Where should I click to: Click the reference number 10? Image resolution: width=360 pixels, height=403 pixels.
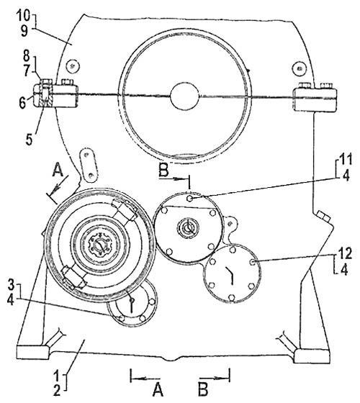click(24, 16)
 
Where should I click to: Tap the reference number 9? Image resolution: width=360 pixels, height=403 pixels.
click(24, 32)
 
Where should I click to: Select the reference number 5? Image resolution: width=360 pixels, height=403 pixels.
click(29, 140)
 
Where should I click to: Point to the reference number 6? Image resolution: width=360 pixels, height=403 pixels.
click(22, 103)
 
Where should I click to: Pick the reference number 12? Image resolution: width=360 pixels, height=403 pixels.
click(345, 254)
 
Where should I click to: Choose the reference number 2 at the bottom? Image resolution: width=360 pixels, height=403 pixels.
click(57, 391)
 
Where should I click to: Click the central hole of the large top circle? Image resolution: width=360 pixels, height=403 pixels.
click(184, 96)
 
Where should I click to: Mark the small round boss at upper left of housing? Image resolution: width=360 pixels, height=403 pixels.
click(73, 65)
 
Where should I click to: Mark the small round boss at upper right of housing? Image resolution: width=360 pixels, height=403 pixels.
click(299, 68)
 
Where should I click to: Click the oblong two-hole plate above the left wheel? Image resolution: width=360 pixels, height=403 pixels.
click(89, 166)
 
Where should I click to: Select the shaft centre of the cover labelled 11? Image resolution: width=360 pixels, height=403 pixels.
click(188, 227)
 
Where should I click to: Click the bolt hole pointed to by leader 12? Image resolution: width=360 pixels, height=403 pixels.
click(253, 262)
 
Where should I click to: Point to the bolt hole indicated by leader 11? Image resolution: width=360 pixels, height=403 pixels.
click(190, 199)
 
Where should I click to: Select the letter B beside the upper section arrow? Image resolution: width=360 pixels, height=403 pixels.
click(163, 170)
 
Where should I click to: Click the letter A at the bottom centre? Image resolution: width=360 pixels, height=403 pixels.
click(158, 389)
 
